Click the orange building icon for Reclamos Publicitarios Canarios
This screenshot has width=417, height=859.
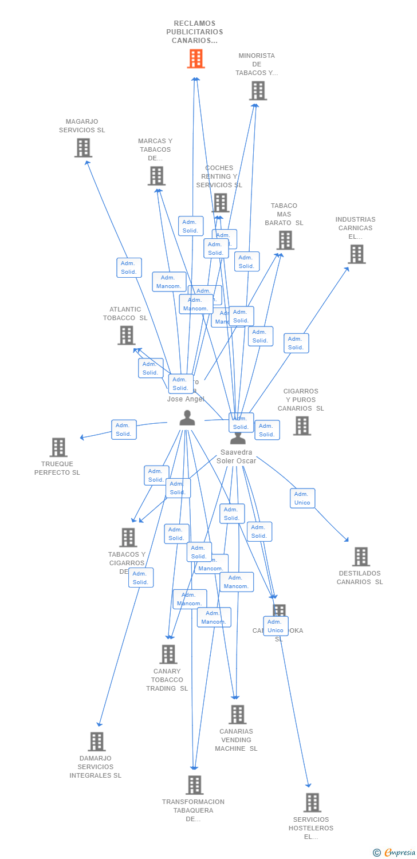pyautogui.click(x=196, y=58)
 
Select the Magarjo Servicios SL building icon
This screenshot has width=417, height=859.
pyautogui.click(x=84, y=148)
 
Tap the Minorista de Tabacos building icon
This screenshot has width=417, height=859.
pyautogui.click(x=258, y=90)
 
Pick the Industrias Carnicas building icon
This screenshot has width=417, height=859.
pyautogui.click(x=356, y=254)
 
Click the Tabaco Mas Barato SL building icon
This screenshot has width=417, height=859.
pyautogui.click(x=285, y=241)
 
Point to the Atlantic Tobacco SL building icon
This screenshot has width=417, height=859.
pyautogui.click(x=127, y=335)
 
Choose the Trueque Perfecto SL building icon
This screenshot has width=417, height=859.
pyautogui.click(x=58, y=447)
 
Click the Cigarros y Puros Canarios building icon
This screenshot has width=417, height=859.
pyautogui.click(x=302, y=425)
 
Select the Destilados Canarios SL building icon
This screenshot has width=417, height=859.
pyautogui.click(x=361, y=556)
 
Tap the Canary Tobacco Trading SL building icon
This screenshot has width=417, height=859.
pyautogui.click(x=168, y=654)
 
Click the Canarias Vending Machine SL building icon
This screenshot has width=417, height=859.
pyautogui.click(x=237, y=714)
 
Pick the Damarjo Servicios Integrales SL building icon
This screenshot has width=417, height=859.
pyautogui.click(x=97, y=741)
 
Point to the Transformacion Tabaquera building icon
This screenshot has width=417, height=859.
pyautogui.click(x=195, y=785)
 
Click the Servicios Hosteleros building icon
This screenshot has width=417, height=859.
pyautogui.click(x=312, y=802)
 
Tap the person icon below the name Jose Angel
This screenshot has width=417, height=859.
pyautogui.click(x=187, y=418)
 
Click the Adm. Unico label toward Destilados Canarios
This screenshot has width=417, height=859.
pyautogui.click(x=302, y=498)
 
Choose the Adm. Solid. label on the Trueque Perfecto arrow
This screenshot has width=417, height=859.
pyautogui.click(x=124, y=429)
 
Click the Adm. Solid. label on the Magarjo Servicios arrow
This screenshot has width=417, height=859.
pyautogui.click(x=129, y=267)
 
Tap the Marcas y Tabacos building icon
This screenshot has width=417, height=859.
pyautogui.click(x=156, y=176)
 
